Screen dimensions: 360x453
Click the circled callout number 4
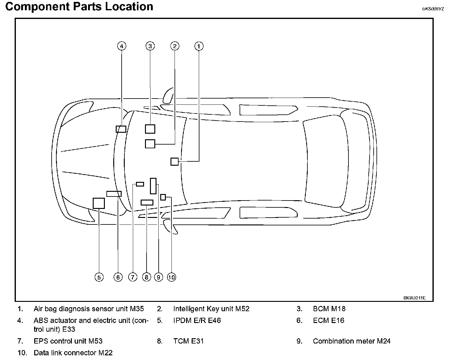(x=121, y=46)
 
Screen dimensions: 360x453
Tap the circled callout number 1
(x=199, y=46)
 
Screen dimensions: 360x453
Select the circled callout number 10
(x=171, y=277)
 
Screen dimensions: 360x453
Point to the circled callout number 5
(x=99, y=277)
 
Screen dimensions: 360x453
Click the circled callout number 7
(x=133, y=277)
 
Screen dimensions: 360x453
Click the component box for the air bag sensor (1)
(x=175, y=162)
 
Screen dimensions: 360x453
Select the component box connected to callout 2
(x=150, y=144)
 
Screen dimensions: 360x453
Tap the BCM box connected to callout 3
(x=150, y=129)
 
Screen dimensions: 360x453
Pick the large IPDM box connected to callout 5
(x=99, y=203)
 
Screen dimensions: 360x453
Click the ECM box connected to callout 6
(x=114, y=194)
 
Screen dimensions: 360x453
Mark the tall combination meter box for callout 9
(x=153, y=186)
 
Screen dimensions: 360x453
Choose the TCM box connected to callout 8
(x=147, y=202)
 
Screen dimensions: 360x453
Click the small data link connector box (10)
(x=163, y=197)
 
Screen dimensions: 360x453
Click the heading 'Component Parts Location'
(x=79, y=7)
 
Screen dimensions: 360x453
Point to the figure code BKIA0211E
(x=414, y=298)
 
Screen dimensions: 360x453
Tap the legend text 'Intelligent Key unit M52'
(x=211, y=309)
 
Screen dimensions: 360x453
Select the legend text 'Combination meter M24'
(x=352, y=341)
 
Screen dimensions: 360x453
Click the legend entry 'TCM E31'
(x=188, y=341)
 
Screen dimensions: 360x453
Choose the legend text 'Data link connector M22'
(x=73, y=353)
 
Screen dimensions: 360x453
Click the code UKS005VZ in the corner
(x=433, y=9)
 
